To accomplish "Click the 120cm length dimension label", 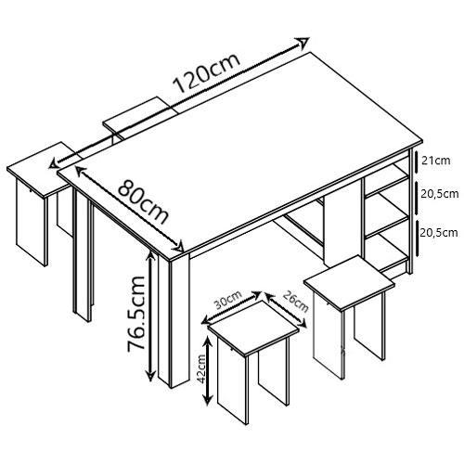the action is click(207, 73).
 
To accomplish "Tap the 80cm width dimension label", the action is click(143, 201).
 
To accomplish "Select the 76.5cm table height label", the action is click(136, 313).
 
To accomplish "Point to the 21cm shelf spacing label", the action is click(436, 161).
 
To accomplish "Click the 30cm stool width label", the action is click(228, 300).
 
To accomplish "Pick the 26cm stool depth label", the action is click(296, 301).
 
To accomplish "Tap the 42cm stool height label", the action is click(201, 368).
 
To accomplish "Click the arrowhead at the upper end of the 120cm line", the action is click(303, 43).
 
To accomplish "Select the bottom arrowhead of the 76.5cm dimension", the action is click(150, 376).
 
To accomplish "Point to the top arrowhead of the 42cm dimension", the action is click(209, 342).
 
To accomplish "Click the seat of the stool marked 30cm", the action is click(253, 329).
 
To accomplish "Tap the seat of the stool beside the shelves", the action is click(350, 282).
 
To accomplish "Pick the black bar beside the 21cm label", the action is click(417, 161).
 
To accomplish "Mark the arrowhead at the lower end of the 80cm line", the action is click(179, 247).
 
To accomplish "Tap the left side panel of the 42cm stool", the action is click(233, 381).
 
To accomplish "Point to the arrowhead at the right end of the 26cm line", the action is click(303, 324).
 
